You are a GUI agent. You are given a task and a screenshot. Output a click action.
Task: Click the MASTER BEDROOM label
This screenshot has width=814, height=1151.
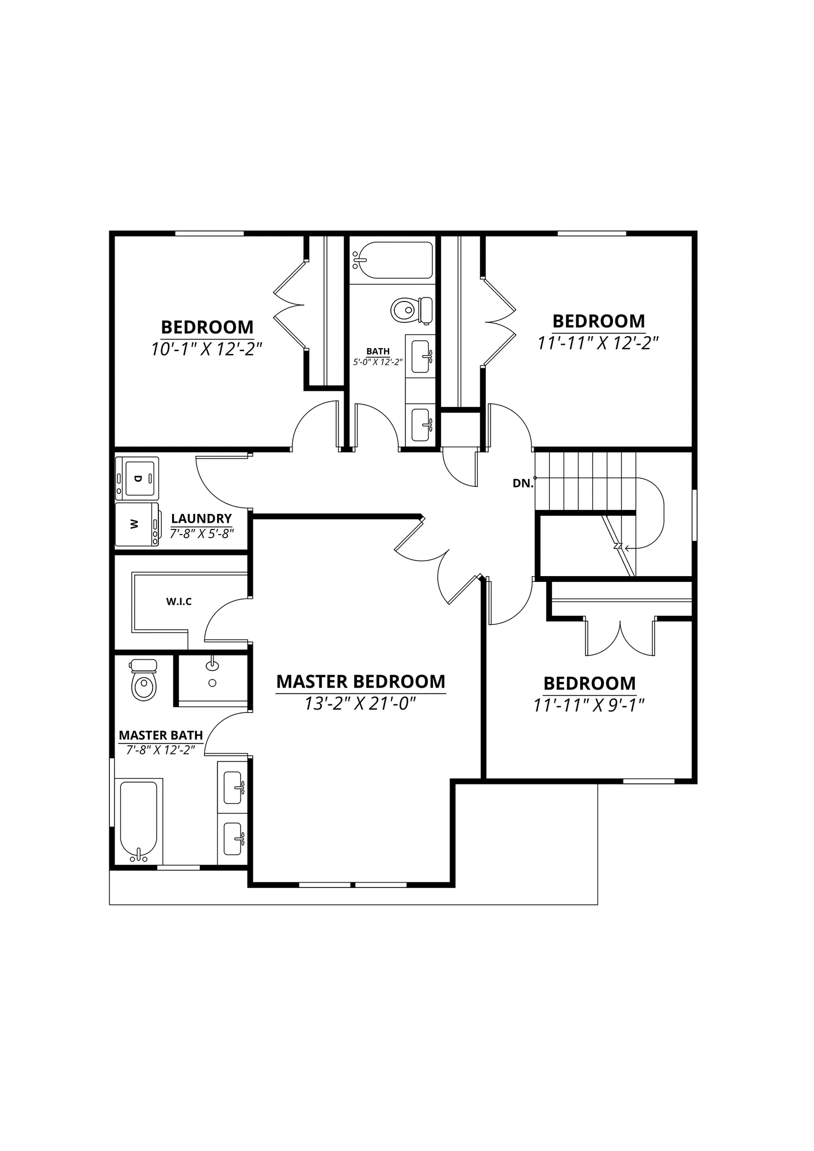tap(361, 681)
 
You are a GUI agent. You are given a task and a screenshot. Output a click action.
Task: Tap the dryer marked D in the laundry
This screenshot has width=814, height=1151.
tap(136, 478)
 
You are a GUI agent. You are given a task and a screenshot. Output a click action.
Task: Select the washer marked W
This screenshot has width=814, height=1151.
tap(137, 524)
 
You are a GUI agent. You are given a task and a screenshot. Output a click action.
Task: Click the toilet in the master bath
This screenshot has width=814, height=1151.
tap(144, 680)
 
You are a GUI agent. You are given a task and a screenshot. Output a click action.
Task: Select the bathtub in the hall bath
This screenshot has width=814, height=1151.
tap(393, 260)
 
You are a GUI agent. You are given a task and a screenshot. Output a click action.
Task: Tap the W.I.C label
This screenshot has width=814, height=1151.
tap(179, 601)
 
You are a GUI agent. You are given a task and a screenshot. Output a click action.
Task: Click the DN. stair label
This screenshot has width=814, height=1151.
tap(523, 483)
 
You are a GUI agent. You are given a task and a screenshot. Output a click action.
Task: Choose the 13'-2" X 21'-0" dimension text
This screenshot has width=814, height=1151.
tap(360, 703)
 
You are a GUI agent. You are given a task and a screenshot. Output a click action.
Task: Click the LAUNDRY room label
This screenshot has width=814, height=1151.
tap(201, 519)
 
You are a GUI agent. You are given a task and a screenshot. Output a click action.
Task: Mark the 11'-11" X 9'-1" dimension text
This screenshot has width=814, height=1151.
tap(588, 705)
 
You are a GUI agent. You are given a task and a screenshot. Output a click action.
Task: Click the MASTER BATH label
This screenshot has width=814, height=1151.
tap(161, 735)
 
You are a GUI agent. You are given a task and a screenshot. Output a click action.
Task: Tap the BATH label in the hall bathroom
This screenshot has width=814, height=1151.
tap(378, 351)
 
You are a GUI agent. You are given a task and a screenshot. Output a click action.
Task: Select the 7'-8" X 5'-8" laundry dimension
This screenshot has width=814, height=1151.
tap(201, 533)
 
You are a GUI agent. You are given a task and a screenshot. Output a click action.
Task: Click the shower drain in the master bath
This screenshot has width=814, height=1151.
tap(212, 683)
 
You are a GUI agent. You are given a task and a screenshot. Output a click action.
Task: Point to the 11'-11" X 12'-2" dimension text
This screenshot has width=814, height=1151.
tap(598, 343)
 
